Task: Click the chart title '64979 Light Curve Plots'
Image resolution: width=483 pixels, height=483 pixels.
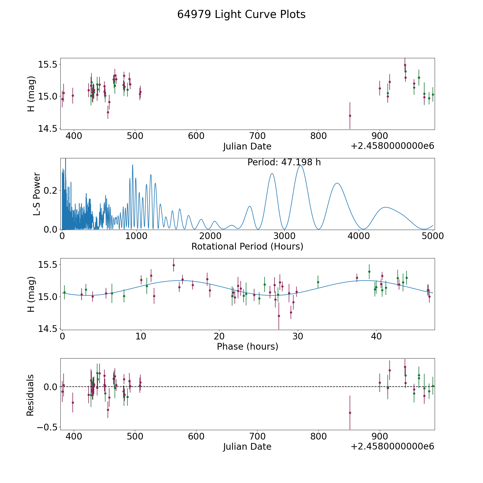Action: click(x=241, y=14)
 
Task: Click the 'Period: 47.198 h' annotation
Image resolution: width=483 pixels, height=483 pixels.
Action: click(x=284, y=162)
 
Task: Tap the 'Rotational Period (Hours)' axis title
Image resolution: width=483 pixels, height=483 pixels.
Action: click(x=247, y=246)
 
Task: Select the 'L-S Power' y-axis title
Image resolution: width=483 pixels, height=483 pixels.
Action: click(x=37, y=194)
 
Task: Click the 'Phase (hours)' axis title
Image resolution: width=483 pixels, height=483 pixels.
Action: click(x=247, y=346)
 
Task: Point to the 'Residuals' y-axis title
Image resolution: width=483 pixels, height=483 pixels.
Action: click(x=30, y=395)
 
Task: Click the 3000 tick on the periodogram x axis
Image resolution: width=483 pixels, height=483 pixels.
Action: click(x=284, y=236)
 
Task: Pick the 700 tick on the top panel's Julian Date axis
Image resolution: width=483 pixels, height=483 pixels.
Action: click(x=257, y=136)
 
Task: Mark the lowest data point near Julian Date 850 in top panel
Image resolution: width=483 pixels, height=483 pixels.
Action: click(x=350, y=116)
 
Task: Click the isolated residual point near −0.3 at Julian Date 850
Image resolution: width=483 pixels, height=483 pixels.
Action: click(x=350, y=413)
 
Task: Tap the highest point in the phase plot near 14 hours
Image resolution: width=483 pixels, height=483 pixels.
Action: click(x=174, y=265)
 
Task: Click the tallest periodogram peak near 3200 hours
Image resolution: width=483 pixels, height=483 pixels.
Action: click(x=301, y=166)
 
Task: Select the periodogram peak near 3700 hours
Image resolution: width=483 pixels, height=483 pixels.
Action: click(x=337, y=183)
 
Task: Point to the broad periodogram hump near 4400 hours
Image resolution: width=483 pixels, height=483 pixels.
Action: click(x=386, y=207)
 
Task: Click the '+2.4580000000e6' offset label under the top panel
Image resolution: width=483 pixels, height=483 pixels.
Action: click(x=392, y=146)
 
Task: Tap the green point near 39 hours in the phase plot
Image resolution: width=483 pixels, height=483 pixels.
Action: click(x=369, y=271)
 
